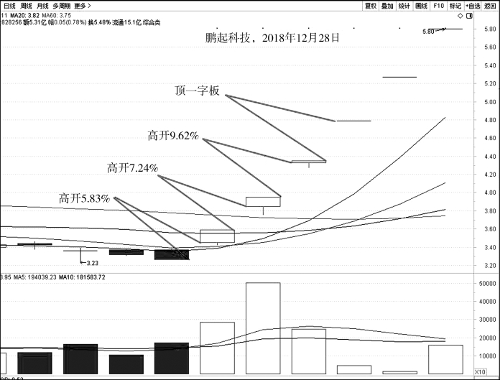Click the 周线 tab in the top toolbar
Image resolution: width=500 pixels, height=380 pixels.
pos(27,5)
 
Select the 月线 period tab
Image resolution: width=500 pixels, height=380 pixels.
pos(43,5)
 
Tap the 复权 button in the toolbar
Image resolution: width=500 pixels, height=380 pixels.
pos(371,5)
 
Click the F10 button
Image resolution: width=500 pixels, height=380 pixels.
pos(438,5)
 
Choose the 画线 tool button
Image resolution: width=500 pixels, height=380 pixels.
pos(421,5)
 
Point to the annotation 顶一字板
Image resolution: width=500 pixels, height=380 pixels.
pos(198,91)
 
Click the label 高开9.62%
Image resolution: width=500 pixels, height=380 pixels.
pos(172,135)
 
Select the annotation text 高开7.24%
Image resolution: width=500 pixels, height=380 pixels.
pos(132,168)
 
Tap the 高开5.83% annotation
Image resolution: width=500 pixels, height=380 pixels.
pos(84,198)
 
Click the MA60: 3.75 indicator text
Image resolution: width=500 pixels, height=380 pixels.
pos(55,14)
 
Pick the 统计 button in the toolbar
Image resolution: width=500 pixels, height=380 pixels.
pos(404,5)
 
